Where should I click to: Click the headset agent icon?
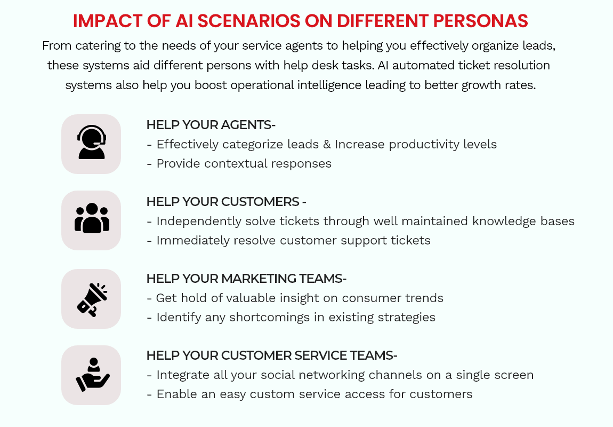[92, 142]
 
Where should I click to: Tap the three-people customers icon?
[92, 218]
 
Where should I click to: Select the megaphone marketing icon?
[92, 299]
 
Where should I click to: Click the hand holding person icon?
[93, 375]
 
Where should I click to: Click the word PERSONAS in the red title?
[480, 21]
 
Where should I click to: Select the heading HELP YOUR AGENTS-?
[211, 125]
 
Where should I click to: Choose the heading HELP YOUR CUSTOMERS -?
[227, 202]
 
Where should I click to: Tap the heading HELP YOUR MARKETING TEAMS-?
[247, 278]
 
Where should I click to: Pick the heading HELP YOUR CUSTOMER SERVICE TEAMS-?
[272, 355]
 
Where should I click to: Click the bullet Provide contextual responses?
[239, 164]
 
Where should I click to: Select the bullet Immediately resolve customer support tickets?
[289, 240]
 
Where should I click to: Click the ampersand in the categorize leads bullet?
[327, 145]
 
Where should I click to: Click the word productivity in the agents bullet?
[424, 145]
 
